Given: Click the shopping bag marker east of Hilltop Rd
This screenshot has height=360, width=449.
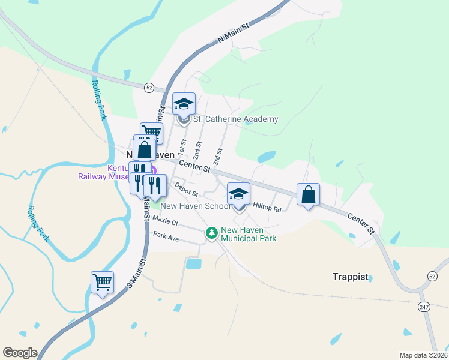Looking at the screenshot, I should point(308,194).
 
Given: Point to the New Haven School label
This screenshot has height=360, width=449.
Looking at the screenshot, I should point(195,206).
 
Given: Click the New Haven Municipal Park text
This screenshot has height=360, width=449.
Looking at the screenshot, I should point(249,234).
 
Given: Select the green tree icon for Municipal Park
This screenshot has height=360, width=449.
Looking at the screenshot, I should point(211,233).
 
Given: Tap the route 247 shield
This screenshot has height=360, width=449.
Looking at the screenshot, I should point(424,307).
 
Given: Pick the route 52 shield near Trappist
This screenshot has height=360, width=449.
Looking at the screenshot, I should point(432,275).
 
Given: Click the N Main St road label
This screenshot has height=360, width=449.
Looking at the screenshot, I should point(232,34).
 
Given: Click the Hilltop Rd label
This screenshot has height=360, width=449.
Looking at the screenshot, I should point(267,207).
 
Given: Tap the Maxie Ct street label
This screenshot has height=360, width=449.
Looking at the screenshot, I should point(166,222).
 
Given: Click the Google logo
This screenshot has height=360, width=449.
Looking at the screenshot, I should point(19,353).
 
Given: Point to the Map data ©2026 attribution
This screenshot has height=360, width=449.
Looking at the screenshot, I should point(423,355).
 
